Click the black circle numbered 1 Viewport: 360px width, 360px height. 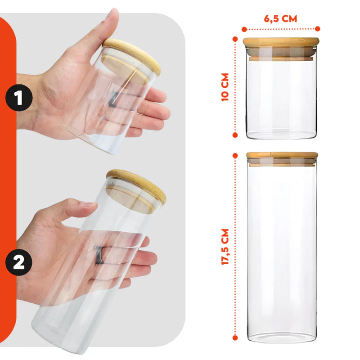[x=18, y=98]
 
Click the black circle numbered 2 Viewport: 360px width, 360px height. [x=18, y=262]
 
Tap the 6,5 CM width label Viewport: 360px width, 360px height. [x=280, y=19]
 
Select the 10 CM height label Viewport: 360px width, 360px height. [x=225, y=87]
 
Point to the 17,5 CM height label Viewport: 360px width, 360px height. [x=225, y=247]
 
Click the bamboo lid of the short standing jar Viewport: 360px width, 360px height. [x=281, y=42]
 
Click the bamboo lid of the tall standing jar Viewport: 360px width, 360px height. [x=282, y=155]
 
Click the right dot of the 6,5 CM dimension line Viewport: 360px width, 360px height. [x=318, y=28]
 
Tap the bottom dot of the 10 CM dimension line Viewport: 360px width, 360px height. [x=235, y=134]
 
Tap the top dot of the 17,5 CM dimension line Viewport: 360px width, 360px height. [x=235, y=155]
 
